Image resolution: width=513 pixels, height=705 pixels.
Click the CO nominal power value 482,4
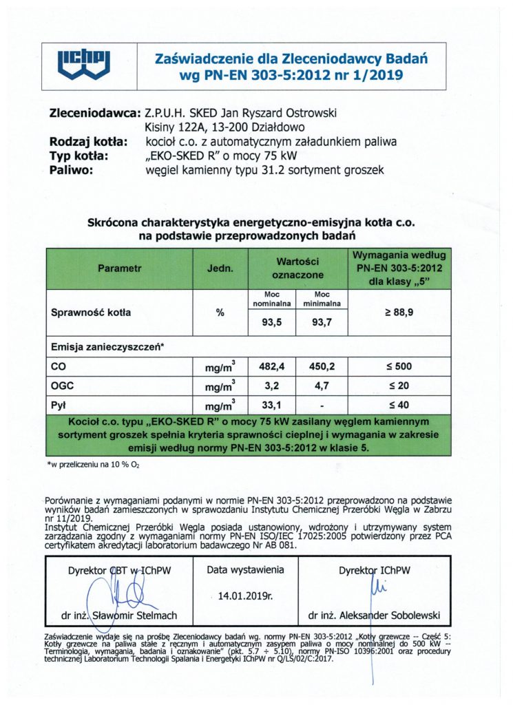271,366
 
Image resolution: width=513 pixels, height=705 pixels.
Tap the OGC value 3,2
271,386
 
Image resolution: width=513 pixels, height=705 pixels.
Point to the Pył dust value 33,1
271,405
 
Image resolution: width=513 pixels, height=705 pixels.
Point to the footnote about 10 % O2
92,465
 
